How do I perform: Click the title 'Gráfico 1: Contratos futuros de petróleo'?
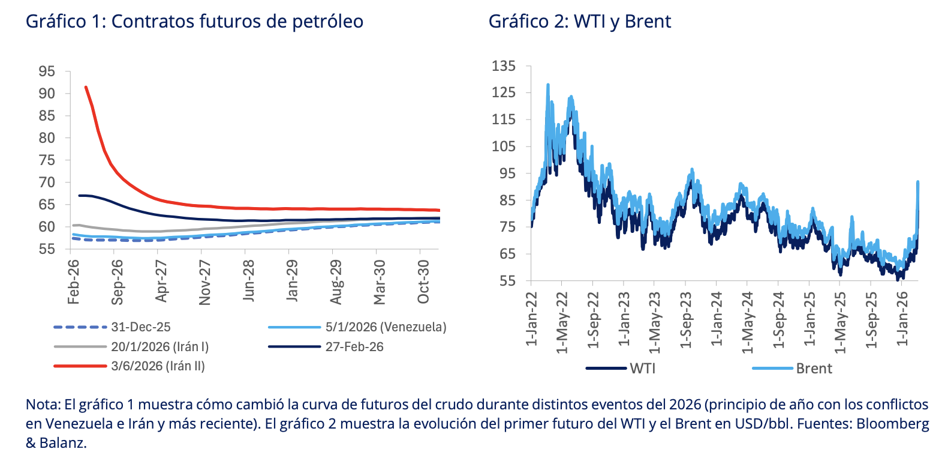tap(194, 22)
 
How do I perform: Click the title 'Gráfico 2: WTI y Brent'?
tap(579, 22)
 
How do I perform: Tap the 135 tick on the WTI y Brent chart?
tap(504, 65)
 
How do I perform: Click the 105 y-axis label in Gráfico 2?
tap(504, 146)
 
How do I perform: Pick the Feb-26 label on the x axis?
tap(73, 282)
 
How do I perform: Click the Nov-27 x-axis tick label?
tap(205, 283)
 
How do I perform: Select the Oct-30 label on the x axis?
tap(423, 282)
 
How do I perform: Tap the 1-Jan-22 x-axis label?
tap(530, 319)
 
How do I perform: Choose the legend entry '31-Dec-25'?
tap(141, 327)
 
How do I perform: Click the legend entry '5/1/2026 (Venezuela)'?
tap(386, 327)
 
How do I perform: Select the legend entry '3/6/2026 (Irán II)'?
tap(158, 366)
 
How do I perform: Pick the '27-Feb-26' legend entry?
tap(354, 346)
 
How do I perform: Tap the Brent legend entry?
tap(814, 368)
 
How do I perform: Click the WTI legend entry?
tap(642, 368)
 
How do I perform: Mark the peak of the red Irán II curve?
tap(86, 87)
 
